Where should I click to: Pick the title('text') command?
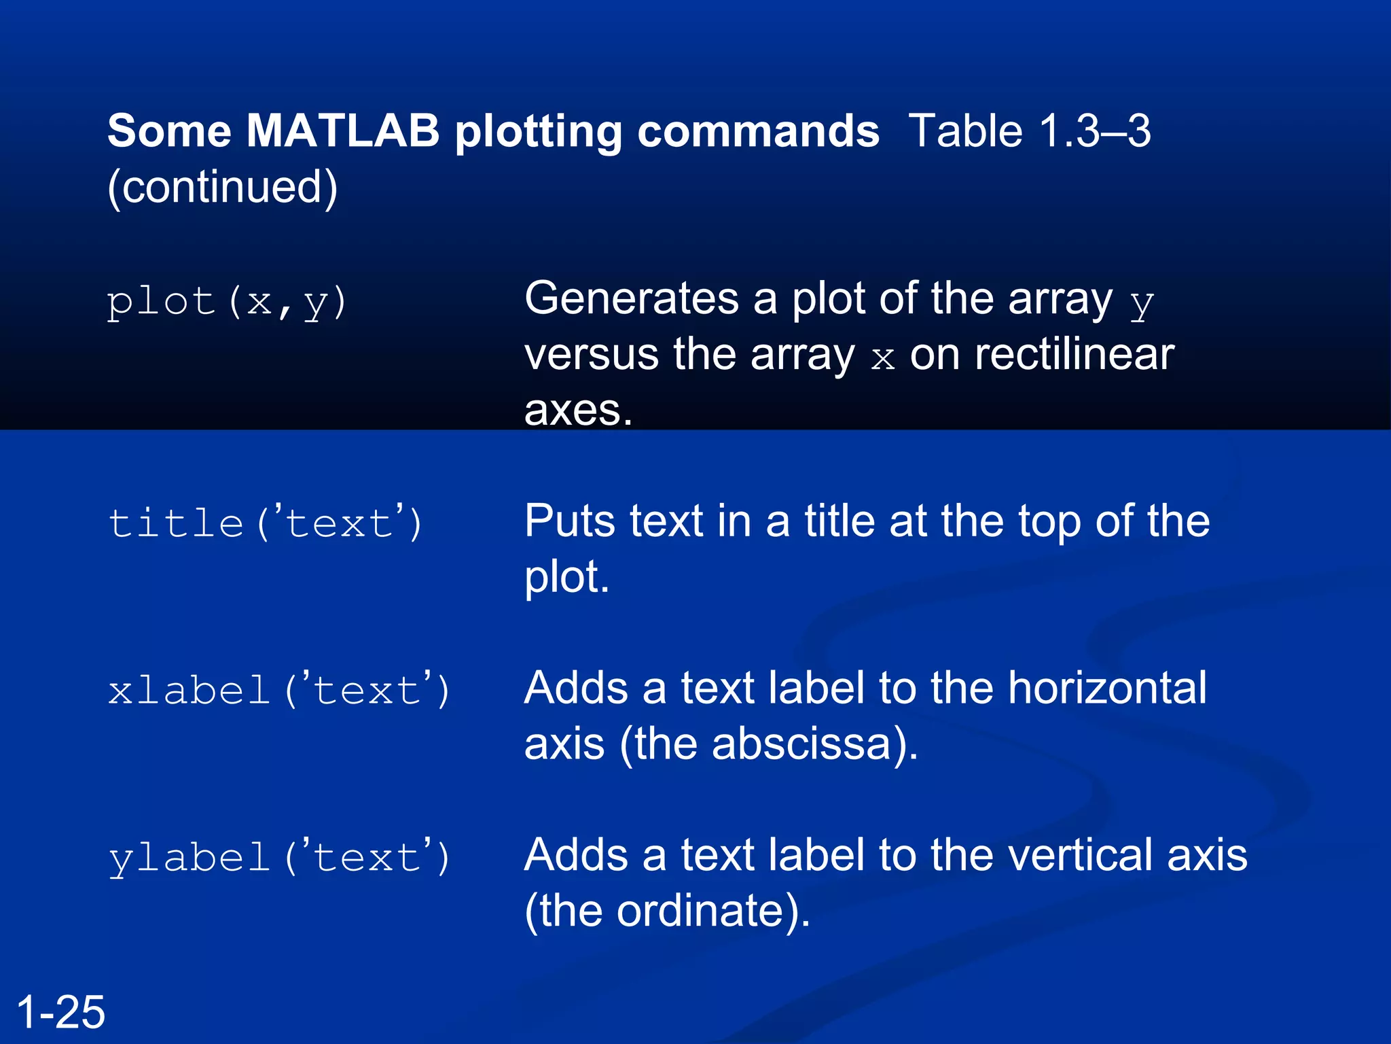pos(265,523)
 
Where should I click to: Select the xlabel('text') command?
pos(278,691)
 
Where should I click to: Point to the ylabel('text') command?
pos(278,858)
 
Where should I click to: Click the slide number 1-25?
pos(61,1011)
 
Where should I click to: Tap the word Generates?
pos(631,298)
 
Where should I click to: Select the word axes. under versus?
pos(578,410)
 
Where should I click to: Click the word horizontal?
pos(1107,688)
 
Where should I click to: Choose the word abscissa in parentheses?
pos(801,744)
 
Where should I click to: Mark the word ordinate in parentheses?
pos(700,911)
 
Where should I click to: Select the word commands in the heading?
pos(758,130)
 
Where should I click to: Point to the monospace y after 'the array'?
pos(1142,304)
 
